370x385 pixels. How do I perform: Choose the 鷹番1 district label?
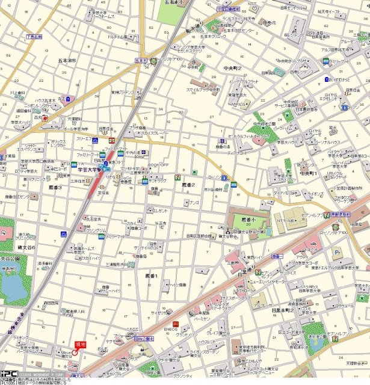(151, 276)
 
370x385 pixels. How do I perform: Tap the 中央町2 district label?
(232, 68)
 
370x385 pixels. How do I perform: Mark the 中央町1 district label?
(308, 173)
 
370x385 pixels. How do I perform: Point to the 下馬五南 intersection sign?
(34, 37)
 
